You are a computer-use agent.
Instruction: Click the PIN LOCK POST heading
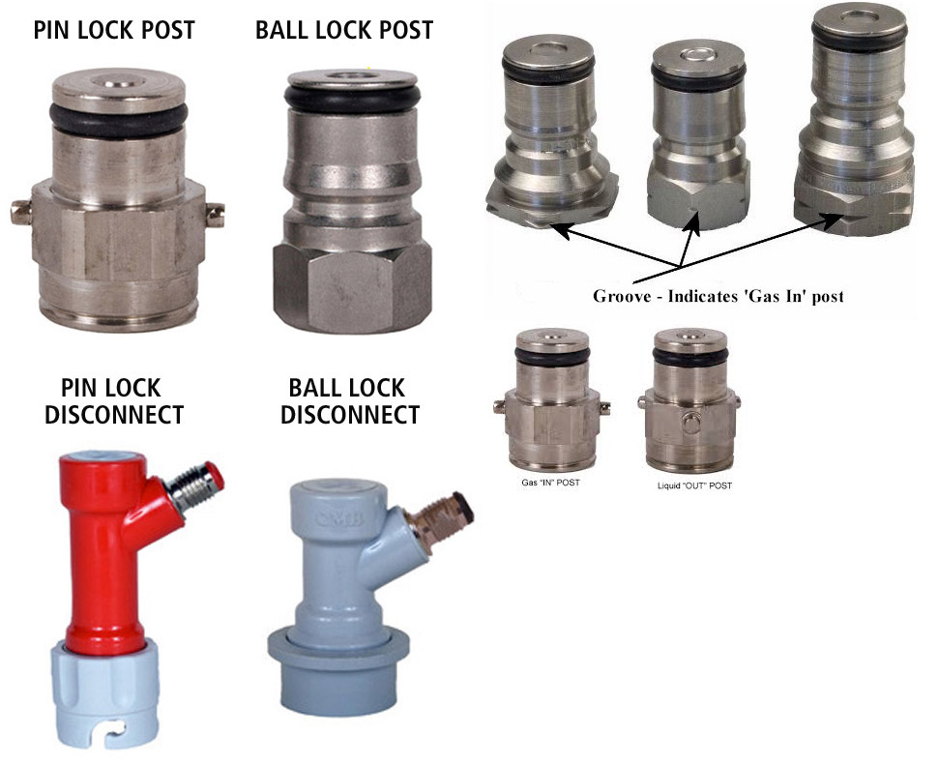(x=114, y=30)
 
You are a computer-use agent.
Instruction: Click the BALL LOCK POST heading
(x=344, y=30)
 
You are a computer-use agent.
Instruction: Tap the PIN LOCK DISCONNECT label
(x=113, y=400)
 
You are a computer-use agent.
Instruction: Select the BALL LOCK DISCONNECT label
(x=349, y=400)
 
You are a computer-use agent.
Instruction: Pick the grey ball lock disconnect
(x=341, y=599)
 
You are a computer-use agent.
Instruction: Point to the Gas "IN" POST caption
(x=550, y=483)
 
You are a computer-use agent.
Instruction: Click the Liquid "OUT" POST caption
(x=694, y=485)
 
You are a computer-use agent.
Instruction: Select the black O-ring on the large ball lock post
(x=352, y=98)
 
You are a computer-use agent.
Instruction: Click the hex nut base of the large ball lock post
(x=352, y=287)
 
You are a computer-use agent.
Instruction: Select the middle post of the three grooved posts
(x=697, y=134)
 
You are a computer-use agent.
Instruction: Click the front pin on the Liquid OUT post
(x=690, y=423)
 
